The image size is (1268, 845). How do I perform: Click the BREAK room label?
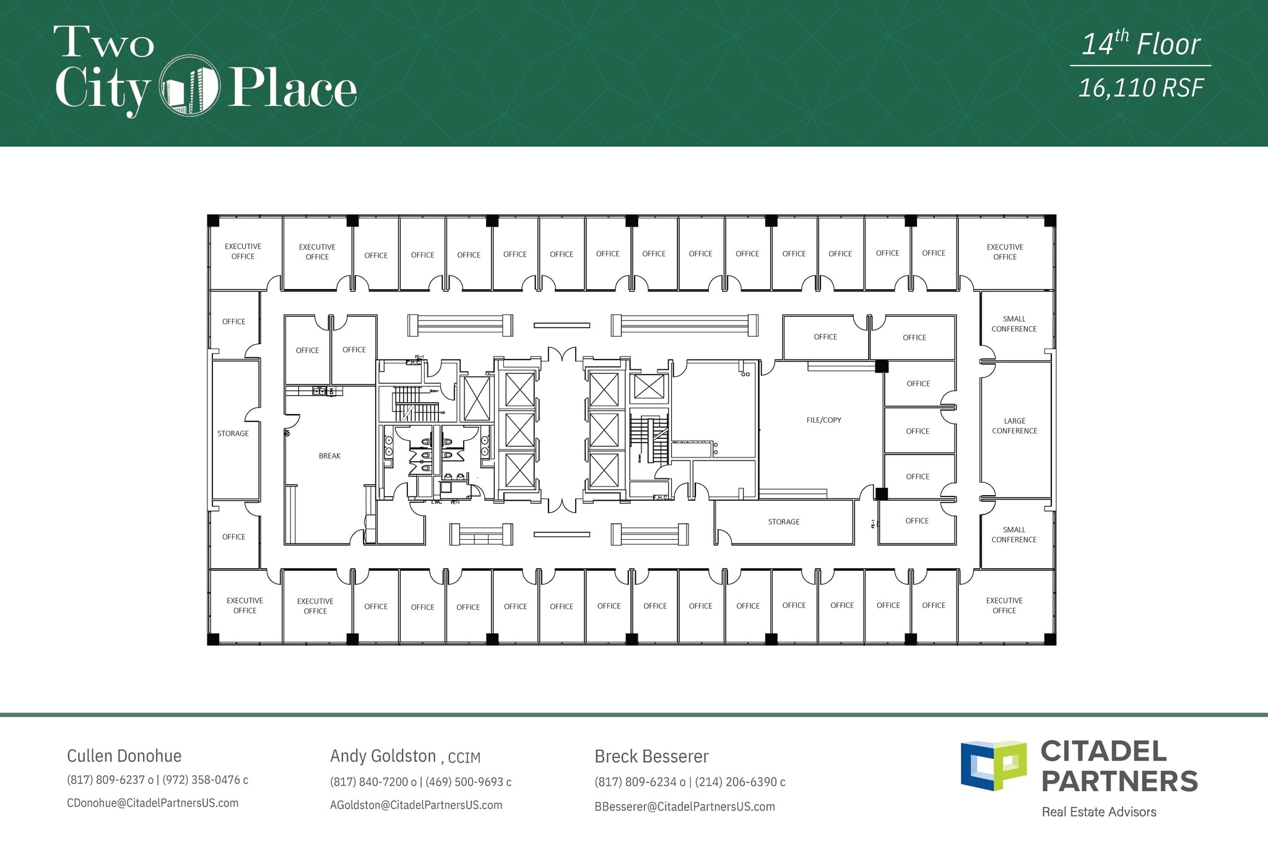click(x=329, y=456)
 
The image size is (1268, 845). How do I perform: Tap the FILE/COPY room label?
click(x=823, y=420)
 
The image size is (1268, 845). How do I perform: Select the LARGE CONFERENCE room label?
click(x=1014, y=426)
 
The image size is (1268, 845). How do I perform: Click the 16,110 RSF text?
click(x=1140, y=89)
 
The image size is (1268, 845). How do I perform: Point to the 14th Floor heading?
click(x=1140, y=45)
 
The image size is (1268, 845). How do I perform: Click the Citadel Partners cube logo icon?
click(x=993, y=765)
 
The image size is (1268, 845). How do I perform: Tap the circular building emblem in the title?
click(x=189, y=86)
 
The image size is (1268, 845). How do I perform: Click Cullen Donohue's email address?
click(x=152, y=804)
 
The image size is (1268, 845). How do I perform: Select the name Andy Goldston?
click(x=383, y=756)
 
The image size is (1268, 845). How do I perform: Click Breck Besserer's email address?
click(x=684, y=807)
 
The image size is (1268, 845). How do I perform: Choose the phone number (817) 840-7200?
click(x=369, y=782)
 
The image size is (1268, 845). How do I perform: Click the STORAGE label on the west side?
click(x=233, y=434)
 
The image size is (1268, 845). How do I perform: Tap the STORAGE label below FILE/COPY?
click(x=783, y=522)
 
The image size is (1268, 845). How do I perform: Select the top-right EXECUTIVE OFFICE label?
click(x=1004, y=252)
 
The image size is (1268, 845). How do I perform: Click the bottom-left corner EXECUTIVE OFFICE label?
click(x=245, y=605)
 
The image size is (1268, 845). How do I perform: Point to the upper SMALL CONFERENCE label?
click(x=1014, y=324)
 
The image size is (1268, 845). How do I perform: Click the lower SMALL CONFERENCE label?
click(x=1014, y=535)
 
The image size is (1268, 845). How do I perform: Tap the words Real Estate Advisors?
click(x=1098, y=812)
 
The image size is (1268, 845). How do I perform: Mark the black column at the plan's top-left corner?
click(x=213, y=220)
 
